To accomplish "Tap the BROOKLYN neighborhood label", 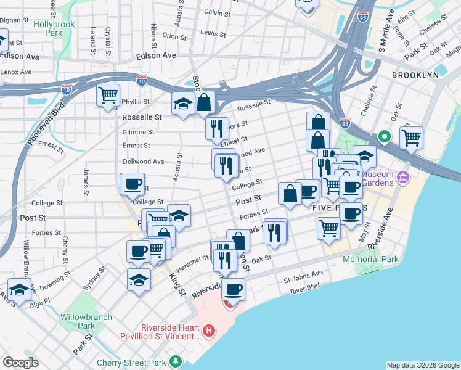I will [x=415, y=75].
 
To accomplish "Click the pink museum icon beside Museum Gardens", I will [x=404, y=178].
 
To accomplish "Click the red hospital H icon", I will [x=209, y=331].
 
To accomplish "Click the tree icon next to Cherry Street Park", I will [x=176, y=361].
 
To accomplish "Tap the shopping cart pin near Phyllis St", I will [x=108, y=96].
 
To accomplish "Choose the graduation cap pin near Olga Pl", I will [x=19, y=290].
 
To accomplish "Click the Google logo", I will [x=20, y=362].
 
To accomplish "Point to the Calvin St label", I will [x=217, y=12].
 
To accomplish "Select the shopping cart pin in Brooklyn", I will [x=411, y=137].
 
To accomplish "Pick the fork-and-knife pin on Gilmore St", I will [x=216, y=128].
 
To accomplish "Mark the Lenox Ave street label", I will [x=16, y=72].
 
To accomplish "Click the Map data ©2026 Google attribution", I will [x=422, y=365].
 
